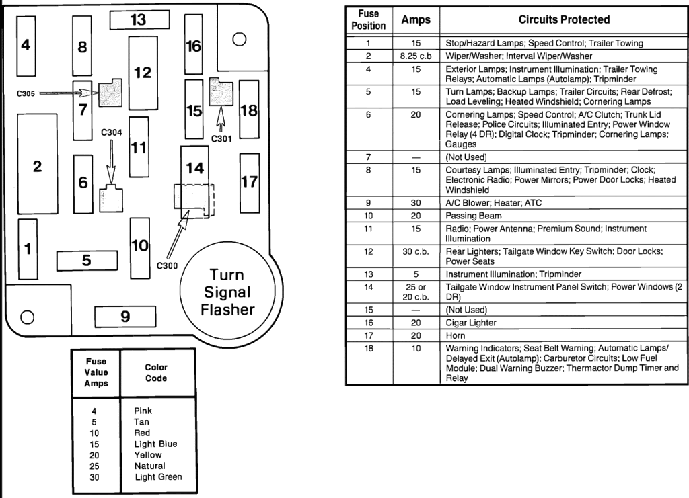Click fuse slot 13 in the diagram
(139, 19)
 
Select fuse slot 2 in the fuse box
(38, 164)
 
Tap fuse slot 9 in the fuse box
(125, 317)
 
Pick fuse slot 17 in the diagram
(249, 183)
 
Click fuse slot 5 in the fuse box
(87, 261)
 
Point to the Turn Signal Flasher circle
(227, 292)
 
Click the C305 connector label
(26, 93)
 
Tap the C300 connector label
(167, 266)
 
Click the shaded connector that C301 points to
(221, 91)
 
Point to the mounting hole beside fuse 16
(239, 40)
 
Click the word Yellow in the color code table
(148, 455)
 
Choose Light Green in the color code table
(158, 477)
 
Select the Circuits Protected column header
(564, 19)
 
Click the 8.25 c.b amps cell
(416, 56)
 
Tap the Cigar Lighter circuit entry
(470, 323)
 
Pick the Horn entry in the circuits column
(456, 335)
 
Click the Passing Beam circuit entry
(473, 216)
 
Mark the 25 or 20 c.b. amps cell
(416, 292)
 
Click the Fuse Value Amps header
(96, 372)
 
